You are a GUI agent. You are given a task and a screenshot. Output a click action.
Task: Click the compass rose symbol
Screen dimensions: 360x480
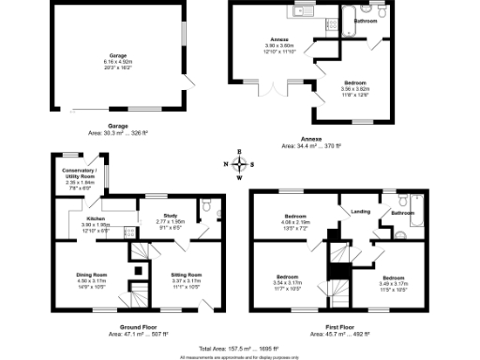coord(239,164)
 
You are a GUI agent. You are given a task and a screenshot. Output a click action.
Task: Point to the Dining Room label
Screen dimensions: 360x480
coord(92,275)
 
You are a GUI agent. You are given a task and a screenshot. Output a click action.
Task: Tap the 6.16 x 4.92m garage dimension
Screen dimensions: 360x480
coord(117,62)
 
